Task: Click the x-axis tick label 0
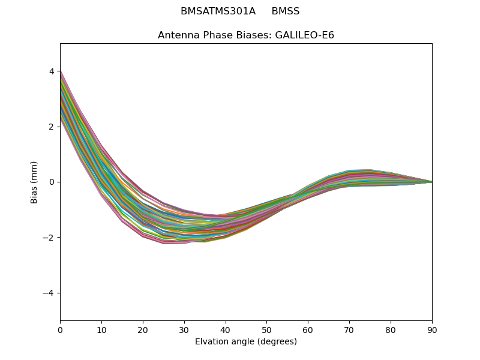pyautogui.click(x=60, y=330)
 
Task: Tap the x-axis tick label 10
pyautogui.click(x=101, y=330)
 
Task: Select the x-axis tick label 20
pyautogui.click(x=143, y=330)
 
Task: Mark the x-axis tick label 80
pyautogui.click(x=391, y=330)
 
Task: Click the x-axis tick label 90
pyautogui.click(x=432, y=330)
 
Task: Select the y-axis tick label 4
pyautogui.click(x=52, y=71)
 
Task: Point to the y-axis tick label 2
pyautogui.click(x=52, y=127)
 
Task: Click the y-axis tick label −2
pyautogui.click(x=49, y=238)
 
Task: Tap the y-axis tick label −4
pyautogui.click(x=49, y=293)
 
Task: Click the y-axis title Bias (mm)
pyautogui.click(x=34, y=182)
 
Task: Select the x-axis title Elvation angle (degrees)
pyautogui.click(x=246, y=342)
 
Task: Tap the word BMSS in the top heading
pyautogui.click(x=286, y=11)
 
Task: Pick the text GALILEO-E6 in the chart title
pyautogui.click(x=304, y=35)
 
